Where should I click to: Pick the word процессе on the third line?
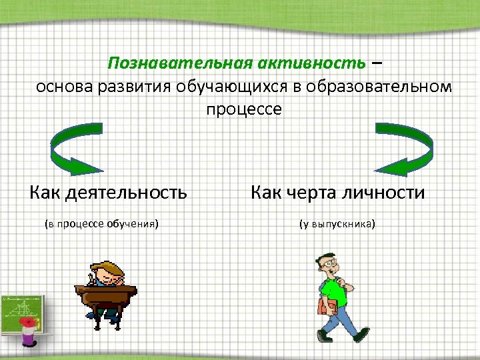[244, 109]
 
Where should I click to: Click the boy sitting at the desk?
[107, 273]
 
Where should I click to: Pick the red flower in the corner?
[28, 323]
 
